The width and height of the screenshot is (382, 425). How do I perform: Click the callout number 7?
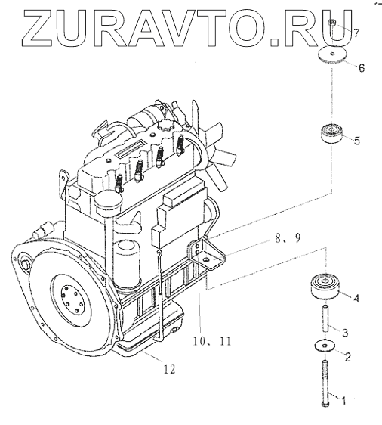(x=356, y=33)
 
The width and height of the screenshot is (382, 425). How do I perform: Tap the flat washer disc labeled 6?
(x=332, y=54)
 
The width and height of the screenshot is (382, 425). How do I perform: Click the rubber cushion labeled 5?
(x=332, y=133)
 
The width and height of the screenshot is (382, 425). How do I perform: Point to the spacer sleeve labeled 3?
(x=325, y=318)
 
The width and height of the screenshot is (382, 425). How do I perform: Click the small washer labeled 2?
(x=325, y=346)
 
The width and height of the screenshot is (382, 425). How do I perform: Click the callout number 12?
(x=170, y=368)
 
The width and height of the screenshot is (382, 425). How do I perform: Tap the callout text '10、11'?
(x=212, y=341)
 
